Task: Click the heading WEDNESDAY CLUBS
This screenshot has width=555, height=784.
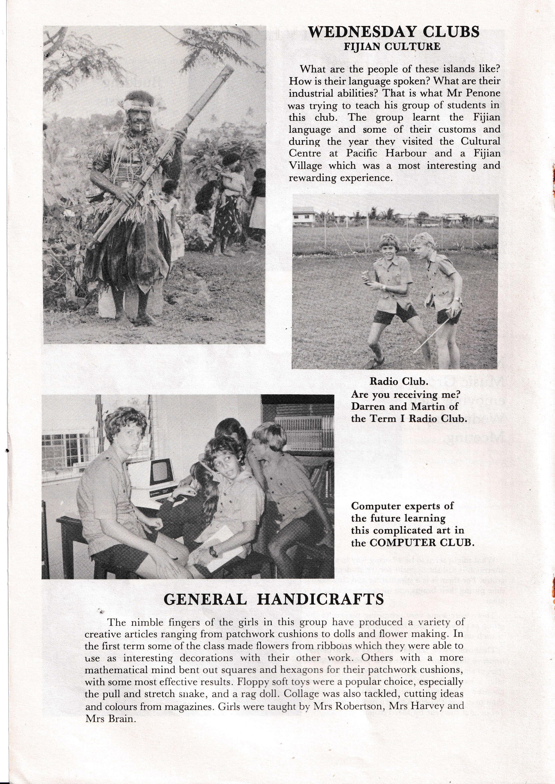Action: click(393, 32)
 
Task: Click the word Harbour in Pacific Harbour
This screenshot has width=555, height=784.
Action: click(406, 153)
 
